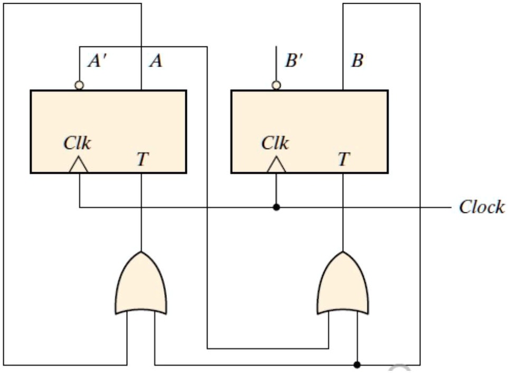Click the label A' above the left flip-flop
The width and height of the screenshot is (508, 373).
98,61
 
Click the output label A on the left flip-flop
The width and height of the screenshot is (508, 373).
155,61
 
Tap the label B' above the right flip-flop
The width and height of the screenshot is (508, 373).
295,61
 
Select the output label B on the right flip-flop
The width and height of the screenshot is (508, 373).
358,61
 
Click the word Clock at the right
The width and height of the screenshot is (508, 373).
481,207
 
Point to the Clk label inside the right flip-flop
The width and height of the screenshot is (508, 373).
275,143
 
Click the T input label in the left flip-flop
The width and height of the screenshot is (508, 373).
142,159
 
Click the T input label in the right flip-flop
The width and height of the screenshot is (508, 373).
343,159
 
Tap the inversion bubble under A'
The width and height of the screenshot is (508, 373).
79,85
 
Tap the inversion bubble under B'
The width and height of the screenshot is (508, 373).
276,85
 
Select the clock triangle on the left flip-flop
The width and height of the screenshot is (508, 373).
79,166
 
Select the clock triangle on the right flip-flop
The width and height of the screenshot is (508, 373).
276,166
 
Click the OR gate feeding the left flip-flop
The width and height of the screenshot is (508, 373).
141,285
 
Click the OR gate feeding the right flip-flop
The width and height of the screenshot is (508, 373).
343,285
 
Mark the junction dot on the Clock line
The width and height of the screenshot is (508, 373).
276,207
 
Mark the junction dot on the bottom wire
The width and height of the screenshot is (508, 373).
358,365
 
